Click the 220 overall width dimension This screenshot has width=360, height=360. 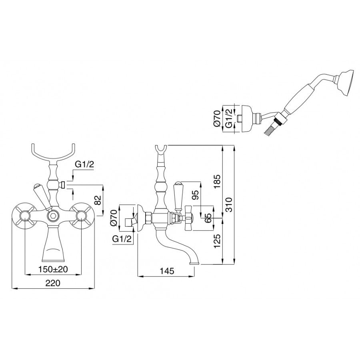point(52,283)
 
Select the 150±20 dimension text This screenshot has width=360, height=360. point(53,269)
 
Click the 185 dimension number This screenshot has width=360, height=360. point(217,182)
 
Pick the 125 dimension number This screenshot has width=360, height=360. point(217,241)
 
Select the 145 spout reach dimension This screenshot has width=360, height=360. point(167,271)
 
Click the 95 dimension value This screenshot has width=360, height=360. point(195,195)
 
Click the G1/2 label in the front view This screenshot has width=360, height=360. point(84,165)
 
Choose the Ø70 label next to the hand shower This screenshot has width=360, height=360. point(217,118)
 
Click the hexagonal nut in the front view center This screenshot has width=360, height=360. point(53,216)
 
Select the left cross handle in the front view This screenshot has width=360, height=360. point(24,216)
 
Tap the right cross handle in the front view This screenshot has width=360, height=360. point(82,216)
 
